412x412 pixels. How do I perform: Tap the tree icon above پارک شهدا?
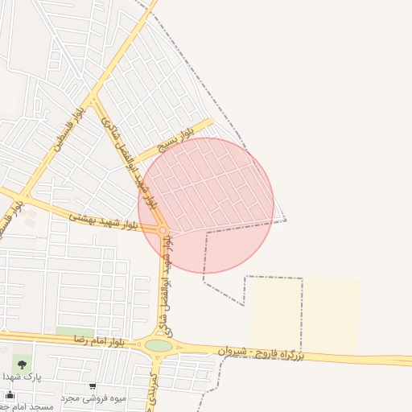[21, 364]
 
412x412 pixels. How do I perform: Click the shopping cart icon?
[93, 386]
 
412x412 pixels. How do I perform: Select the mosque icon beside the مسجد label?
[10, 395]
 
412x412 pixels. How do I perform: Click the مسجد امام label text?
[29, 407]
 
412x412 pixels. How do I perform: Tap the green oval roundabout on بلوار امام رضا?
[159, 346]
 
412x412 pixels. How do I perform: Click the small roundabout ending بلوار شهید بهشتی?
[163, 231]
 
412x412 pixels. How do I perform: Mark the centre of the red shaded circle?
[206, 205]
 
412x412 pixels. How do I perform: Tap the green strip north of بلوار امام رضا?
[74, 332]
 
